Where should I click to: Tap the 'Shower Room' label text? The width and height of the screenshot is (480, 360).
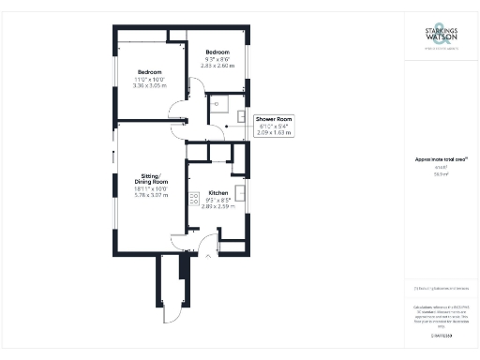(274, 119)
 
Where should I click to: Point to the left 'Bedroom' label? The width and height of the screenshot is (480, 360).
(150, 72)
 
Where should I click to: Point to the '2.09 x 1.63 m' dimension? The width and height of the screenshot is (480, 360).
(274, 132)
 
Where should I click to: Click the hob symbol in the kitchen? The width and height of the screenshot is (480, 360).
(194, 198)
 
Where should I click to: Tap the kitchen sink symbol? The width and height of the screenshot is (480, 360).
(241, 194)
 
